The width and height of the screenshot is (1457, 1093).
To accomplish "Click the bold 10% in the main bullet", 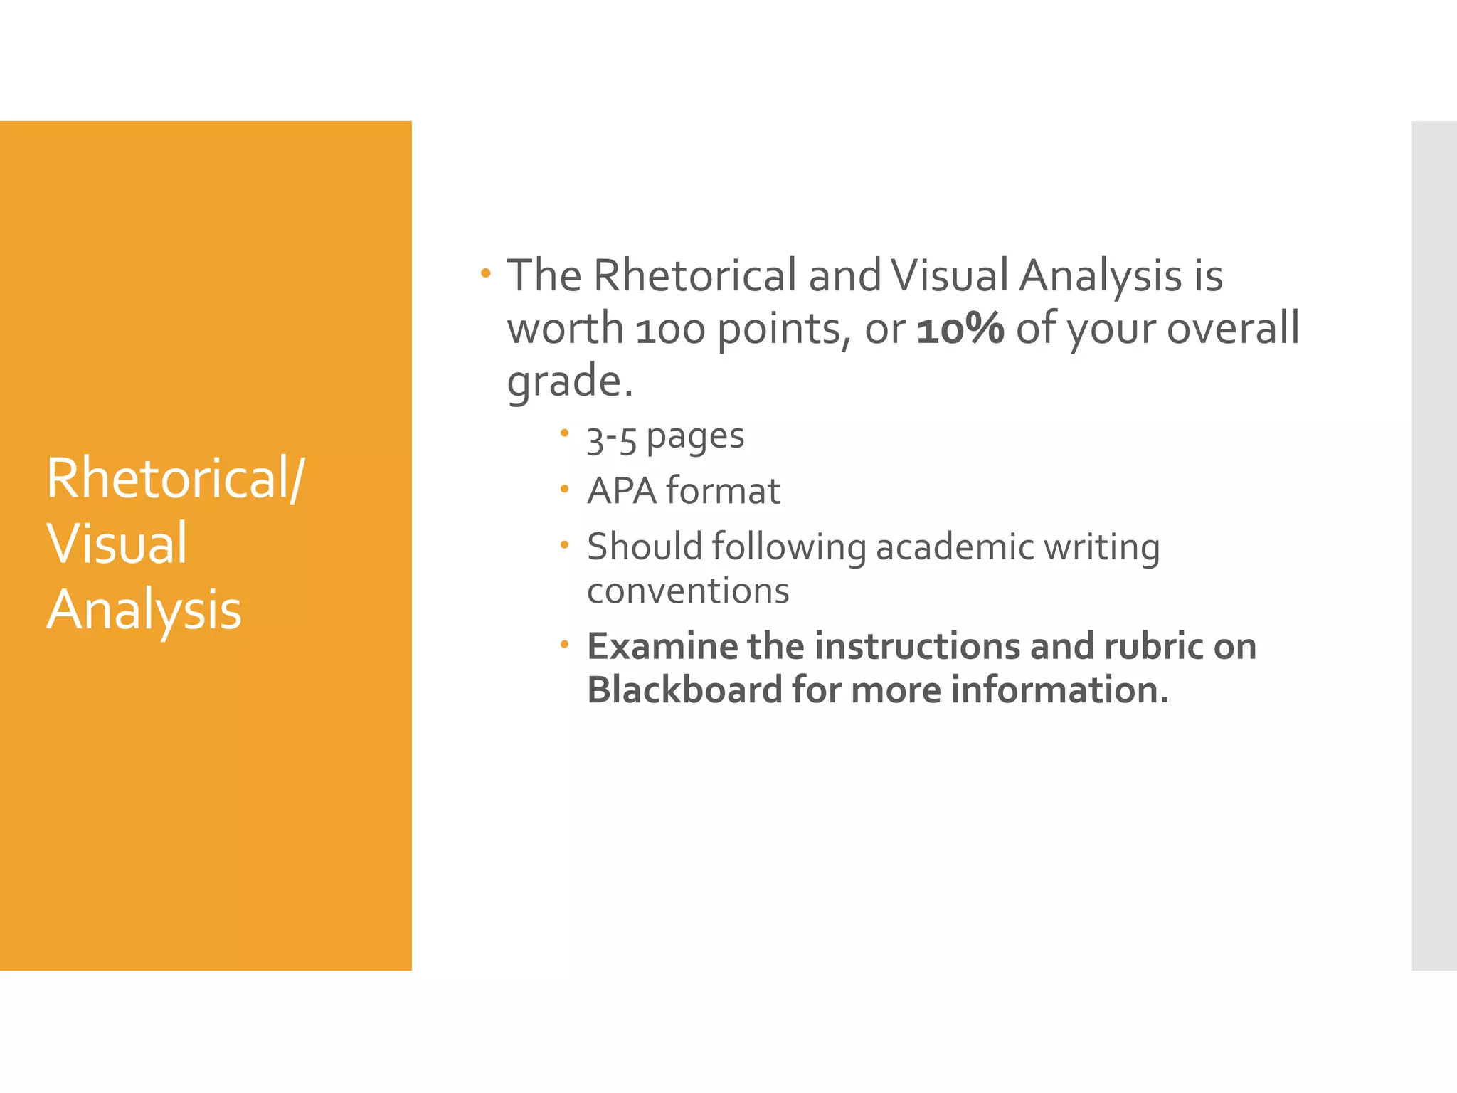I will [x=960, y=329].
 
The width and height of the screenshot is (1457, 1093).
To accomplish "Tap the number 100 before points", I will [x=670, y=331].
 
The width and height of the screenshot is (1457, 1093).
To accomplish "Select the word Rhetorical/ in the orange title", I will [x=176, y=479].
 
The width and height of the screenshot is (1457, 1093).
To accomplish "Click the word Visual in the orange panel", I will [x=117, y=544].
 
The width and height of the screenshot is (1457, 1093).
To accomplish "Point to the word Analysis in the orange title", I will [x=144, y=611].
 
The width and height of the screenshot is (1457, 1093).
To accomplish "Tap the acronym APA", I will [x=622, y=491].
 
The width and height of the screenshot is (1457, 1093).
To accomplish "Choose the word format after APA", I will [x=723, y=491].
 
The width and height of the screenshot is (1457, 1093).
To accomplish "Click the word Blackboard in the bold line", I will [x=684, y=690].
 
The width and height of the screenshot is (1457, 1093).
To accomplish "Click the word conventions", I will [x=688, y=591].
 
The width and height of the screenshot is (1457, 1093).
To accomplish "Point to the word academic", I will [x=955, y=547].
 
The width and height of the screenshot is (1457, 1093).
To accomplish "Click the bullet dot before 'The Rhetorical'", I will [x=485, y=273].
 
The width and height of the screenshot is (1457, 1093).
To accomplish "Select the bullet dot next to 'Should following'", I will [x=564, y=545].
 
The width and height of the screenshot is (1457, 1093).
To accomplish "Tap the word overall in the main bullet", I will [x=1233, y=329].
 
